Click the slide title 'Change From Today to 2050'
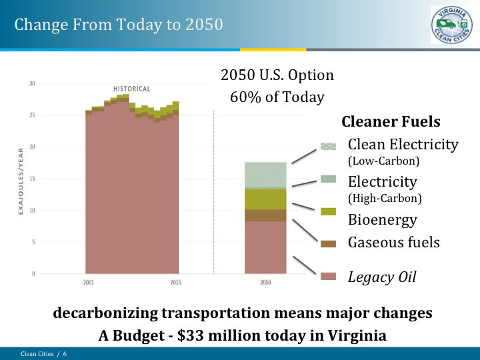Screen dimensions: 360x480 [x=119, y=25]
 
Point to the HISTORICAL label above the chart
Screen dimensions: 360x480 [x=131, y=89]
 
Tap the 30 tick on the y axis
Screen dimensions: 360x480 [x=32, y=83]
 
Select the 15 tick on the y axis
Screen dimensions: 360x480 [x=32, y=179]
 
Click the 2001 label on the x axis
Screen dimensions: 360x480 [x=89, y=283]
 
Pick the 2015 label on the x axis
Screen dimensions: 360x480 [x=175, y=283]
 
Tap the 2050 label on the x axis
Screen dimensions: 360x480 [x=265, y=283]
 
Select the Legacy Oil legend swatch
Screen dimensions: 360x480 [x=328, y=277]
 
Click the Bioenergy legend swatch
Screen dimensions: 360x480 [x=328, y=211]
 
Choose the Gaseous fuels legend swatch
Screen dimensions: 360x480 [x=328, y=243]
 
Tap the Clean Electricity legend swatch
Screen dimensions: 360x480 [x=328, y=147]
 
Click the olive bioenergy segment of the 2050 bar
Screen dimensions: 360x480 [x=265, y=199]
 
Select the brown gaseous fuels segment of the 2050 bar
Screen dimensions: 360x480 [x=265, y=215]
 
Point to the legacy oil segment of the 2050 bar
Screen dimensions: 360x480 [x=265, y=247]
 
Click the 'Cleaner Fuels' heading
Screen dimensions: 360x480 [x=391, y=122]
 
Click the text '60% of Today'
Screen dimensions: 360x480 [x=277, y=97]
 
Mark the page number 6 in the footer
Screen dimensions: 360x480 [x=65, y=354]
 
